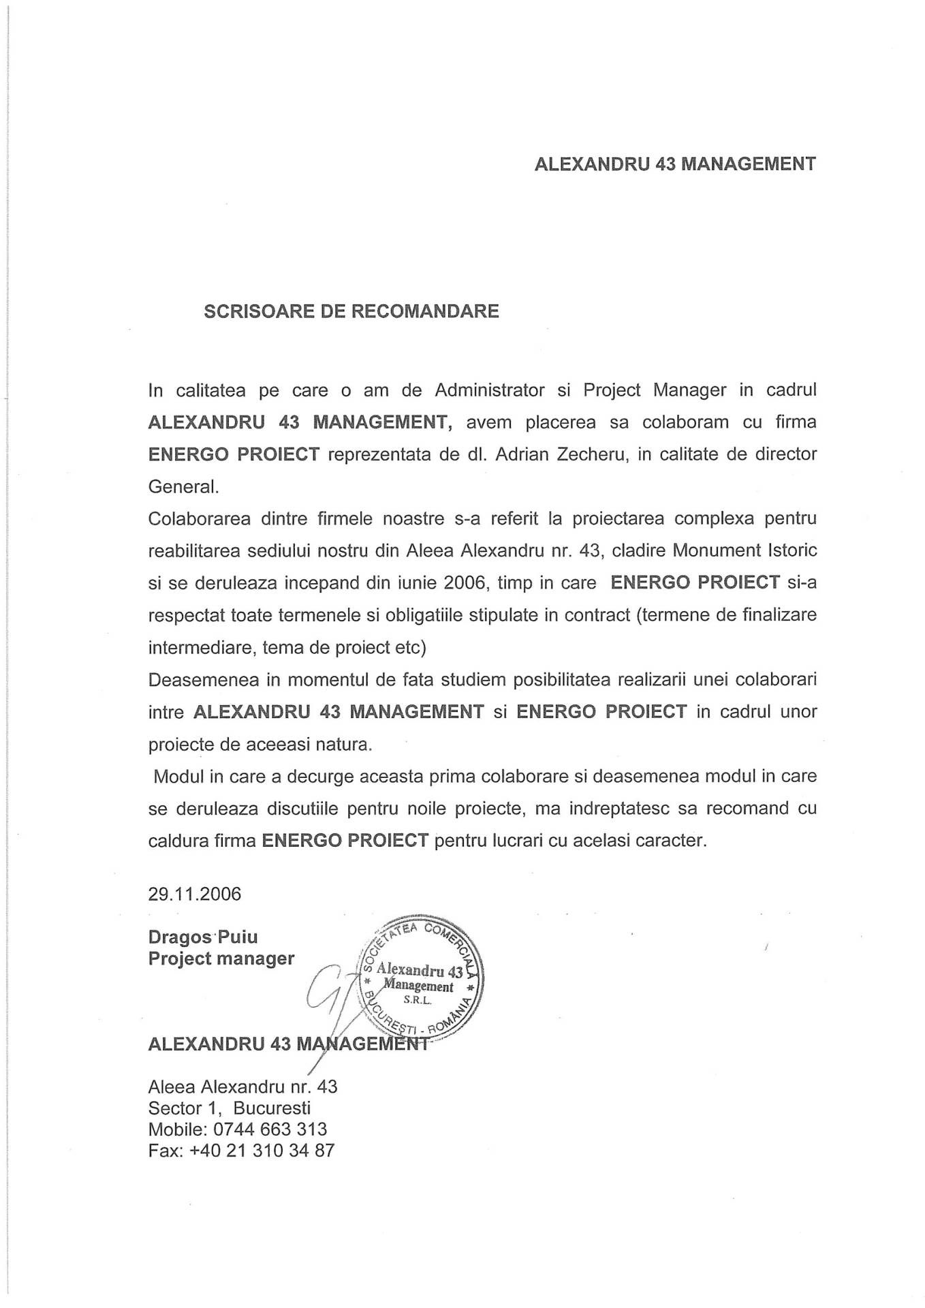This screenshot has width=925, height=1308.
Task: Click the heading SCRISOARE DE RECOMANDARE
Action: [351, 311]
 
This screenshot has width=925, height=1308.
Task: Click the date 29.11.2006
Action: [195, 894]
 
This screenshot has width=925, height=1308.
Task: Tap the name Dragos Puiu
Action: [203, 937]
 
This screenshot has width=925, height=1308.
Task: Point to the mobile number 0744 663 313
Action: [270, 1129]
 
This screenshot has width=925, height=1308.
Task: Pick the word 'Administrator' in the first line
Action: [490, 390]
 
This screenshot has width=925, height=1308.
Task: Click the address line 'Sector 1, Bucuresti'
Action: [230, 1108]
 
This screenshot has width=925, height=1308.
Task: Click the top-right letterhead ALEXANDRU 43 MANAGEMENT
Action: [675, 164]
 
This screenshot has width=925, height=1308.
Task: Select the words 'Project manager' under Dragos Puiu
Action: [221, 959]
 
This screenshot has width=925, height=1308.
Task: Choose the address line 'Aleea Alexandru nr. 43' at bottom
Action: [242, 1086]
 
